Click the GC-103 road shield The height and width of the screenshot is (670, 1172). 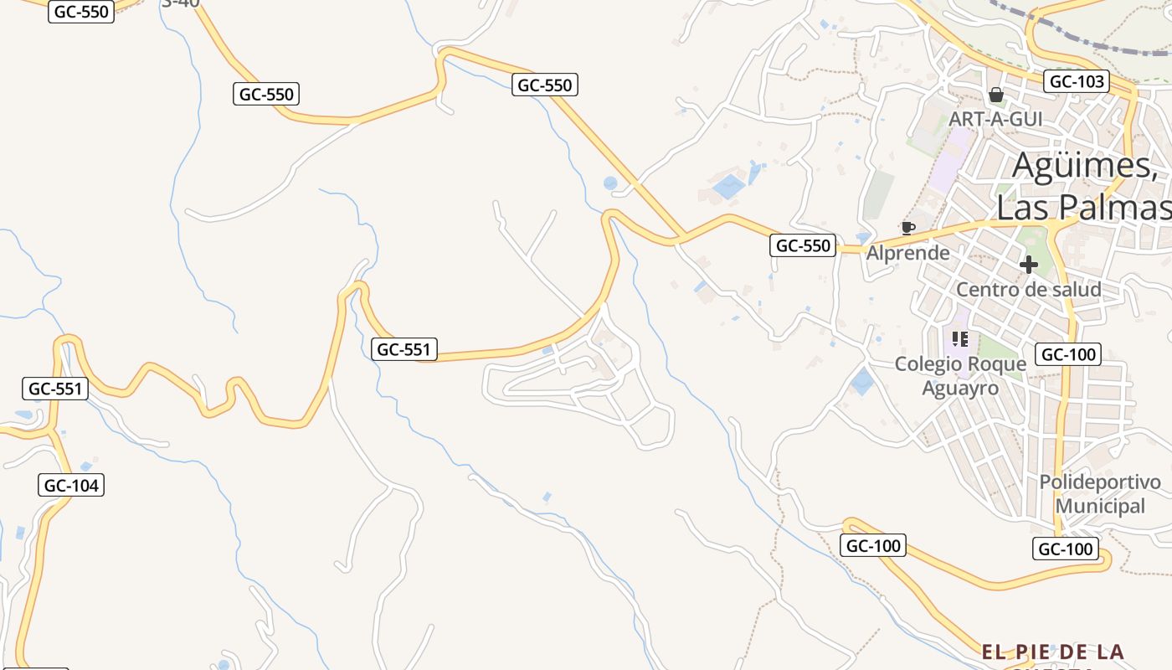1077,82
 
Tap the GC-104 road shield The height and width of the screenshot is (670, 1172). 71,485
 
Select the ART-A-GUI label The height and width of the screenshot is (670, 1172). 995,119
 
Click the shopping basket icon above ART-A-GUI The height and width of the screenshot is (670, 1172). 996,95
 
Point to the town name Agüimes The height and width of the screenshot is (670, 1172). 1084,165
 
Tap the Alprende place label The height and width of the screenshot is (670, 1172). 908,252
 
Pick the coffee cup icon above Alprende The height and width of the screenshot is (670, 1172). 907,228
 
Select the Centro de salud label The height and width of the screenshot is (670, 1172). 1029,290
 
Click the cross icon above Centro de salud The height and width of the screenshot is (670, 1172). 1029,265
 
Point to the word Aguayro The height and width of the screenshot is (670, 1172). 960,389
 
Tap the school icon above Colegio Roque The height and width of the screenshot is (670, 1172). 960,339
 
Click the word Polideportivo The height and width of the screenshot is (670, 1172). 1100,482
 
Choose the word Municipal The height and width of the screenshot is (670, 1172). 1100,506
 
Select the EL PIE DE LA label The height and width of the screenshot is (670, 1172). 1052,652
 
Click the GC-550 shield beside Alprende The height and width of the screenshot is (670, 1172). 803,245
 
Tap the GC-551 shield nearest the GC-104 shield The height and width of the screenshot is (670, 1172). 55,389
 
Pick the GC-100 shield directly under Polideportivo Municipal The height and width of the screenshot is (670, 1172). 1065,549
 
